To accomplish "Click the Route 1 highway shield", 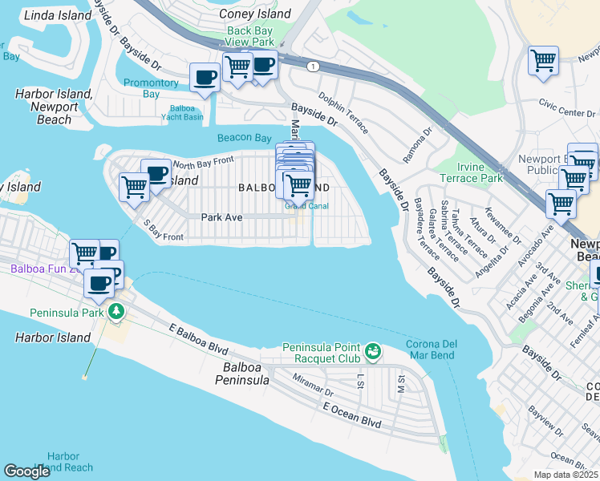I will [311, 65].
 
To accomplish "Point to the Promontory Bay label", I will [151, 88].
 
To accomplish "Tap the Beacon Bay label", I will [245, 138].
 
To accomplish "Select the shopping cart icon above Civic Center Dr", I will [543, 60].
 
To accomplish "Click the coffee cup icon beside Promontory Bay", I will [205, 78].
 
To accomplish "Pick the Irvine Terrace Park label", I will [471, 172].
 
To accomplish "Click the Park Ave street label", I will [221, 216].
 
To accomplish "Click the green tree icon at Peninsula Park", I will [117, 310].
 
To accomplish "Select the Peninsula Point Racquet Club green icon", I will [372, 350].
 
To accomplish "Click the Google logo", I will [26, 471].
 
